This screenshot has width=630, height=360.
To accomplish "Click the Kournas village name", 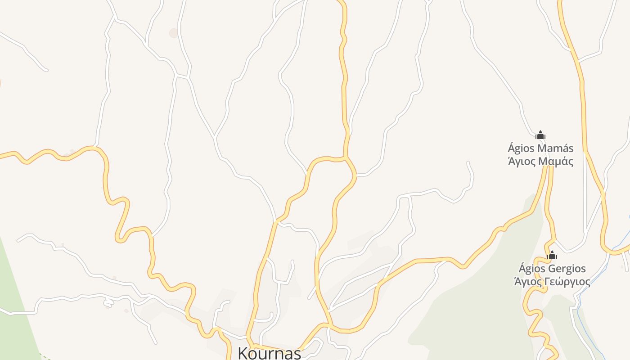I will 269,353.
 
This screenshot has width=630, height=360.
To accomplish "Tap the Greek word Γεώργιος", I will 568,282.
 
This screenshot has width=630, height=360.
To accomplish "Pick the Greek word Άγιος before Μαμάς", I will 522,161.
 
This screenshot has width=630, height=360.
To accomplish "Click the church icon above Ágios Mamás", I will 540,135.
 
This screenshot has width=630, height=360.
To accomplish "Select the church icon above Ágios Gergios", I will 552,256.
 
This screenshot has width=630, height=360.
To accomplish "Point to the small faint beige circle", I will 174,33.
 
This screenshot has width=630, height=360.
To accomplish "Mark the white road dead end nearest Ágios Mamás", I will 468,162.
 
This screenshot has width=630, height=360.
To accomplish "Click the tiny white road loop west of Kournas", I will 108,301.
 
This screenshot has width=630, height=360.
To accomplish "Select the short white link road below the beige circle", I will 182,76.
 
